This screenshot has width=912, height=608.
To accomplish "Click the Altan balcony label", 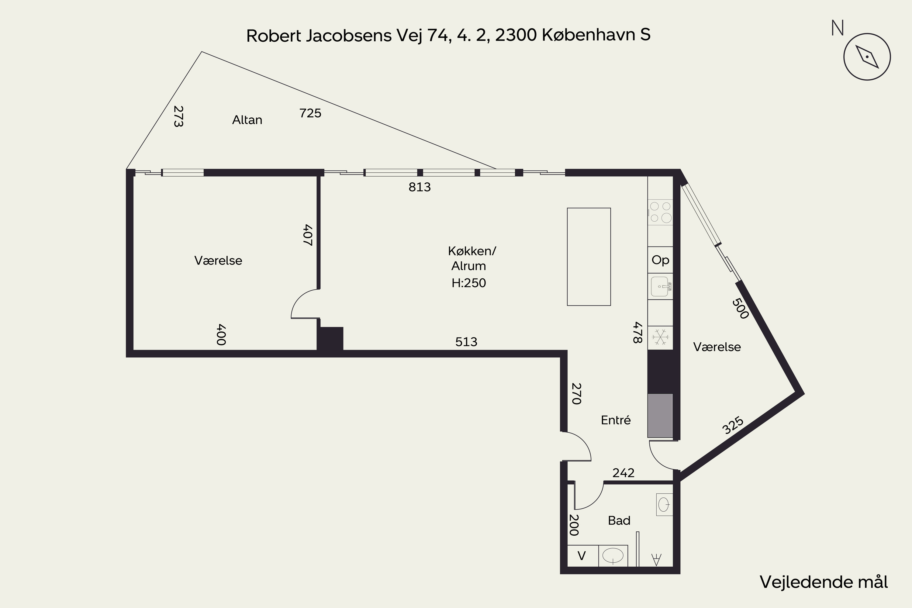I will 247,120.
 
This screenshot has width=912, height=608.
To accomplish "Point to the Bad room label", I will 619,520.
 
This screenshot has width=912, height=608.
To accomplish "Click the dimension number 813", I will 420,187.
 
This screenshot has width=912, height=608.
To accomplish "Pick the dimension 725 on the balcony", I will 310,113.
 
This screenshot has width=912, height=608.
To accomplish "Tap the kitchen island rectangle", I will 589,257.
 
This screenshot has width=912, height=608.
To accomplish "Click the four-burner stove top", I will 660,212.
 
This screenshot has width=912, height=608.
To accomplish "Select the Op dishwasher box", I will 660,260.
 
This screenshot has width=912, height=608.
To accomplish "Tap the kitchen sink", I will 660,286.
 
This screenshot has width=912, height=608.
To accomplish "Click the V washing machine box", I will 582,556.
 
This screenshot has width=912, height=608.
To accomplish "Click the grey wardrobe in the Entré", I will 660,415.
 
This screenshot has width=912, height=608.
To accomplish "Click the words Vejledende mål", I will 824,582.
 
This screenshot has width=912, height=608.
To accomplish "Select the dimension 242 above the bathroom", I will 624,473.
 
